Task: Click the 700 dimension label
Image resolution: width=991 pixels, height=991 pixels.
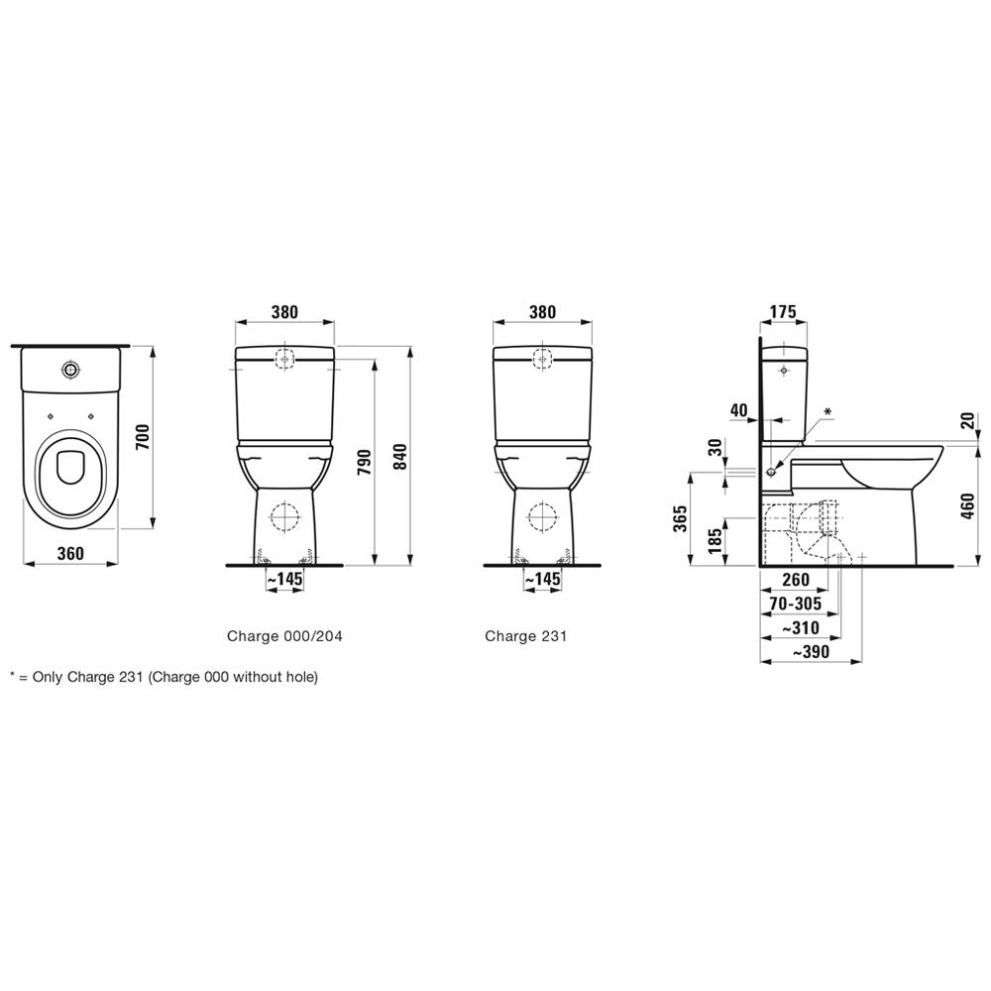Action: [144, 437]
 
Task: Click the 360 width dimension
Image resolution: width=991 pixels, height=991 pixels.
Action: [70, 553]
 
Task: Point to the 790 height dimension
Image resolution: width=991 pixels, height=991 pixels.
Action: [365, 463]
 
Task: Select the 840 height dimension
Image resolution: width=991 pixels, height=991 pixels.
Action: [400, 456]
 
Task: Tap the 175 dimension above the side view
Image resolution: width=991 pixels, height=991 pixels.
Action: [784, 311]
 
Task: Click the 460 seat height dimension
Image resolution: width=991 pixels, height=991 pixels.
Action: [967, 505]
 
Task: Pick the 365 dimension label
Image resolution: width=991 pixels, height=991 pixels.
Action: [680, 518]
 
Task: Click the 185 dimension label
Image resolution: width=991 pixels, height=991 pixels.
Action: [715, 542]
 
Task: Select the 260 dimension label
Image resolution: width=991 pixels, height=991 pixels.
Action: [795, 579]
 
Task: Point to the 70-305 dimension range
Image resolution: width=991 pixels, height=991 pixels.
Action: [795, 604]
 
